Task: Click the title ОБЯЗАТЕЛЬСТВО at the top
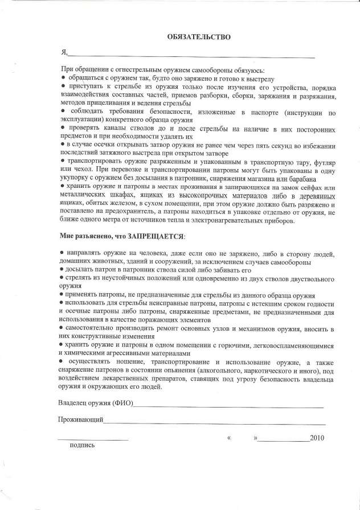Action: click(x=199, y=37)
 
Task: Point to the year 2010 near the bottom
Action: click(x=316, y=438)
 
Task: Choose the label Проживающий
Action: click(x=80, y=419)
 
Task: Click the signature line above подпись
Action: click(x=93, y=439)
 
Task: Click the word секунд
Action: click(x=257, y=145)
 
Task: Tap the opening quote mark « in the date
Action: click(x=229, y=439)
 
